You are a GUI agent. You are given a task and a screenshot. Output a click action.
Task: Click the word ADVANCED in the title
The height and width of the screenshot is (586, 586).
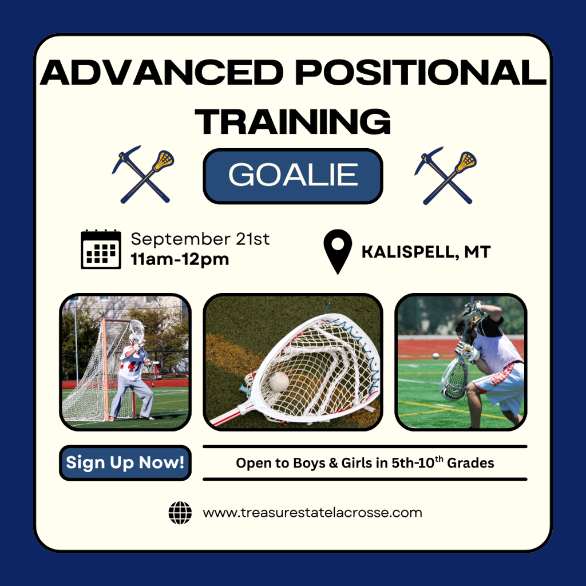click(x=161, y=73)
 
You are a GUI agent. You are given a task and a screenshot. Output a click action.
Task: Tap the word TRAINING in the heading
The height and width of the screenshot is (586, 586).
click(x=292, y=121)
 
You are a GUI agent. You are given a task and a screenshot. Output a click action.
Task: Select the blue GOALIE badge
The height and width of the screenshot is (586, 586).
click(x=293, y=176)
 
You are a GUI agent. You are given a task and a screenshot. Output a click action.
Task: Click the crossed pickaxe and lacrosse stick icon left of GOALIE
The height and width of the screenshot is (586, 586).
click(x=144, y=174)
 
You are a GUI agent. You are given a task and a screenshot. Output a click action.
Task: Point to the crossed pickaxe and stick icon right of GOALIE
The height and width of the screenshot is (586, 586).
click(x=445, y=175)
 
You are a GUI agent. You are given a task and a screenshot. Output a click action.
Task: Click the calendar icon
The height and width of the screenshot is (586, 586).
click(x=101, y=250)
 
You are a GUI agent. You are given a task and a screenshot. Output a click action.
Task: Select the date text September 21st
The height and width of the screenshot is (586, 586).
click(x=200, y=239)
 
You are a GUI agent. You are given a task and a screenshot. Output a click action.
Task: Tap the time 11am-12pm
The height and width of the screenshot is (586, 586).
click(x=180, y=259)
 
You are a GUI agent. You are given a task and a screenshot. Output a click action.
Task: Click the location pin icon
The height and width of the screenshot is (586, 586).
click(x=338, y=252)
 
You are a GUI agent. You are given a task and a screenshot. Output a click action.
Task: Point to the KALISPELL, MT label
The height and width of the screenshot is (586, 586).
click(x=426, y=252)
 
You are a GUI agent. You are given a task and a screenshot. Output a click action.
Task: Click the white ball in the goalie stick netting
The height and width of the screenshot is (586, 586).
click(x=279, y=381)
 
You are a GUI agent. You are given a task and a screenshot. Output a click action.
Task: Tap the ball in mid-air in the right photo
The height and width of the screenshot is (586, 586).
click(x=435, y=356)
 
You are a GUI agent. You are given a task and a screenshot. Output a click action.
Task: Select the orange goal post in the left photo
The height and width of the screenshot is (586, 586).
click(x=106, y=368)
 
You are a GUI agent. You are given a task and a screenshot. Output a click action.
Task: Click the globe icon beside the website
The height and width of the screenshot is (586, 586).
click(x=180, y=513)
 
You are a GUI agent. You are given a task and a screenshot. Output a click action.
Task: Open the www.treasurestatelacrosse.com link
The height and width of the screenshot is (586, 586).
click(x=312, y=512)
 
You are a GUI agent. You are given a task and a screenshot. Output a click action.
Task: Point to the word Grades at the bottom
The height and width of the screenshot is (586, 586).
click(x=470, y=463)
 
